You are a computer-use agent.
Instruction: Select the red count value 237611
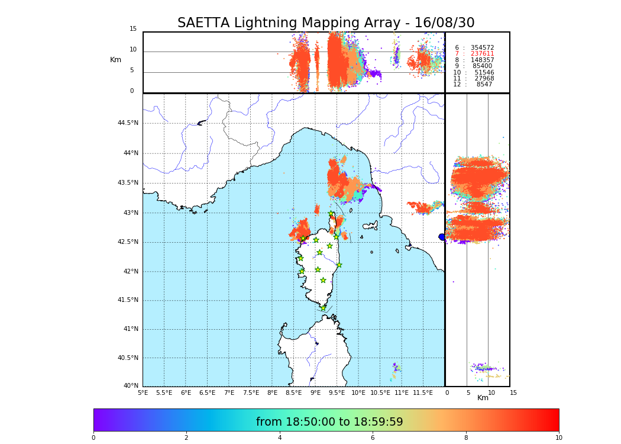pyautogui.click(x=482, y=54)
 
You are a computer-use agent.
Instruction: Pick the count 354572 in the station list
pyautogui.click(x=482, y=48)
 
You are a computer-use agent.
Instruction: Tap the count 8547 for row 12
pyautogui.click(x=484, y=85)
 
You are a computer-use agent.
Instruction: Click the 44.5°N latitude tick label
pyautogui.click(x=128, y=123)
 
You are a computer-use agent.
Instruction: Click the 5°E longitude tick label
pyautogui.click(x=143, y=392)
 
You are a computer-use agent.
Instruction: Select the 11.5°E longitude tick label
pyautogui.click(x=423, y=392)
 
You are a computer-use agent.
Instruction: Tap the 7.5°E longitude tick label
pyautogui.click(x=251, y=392)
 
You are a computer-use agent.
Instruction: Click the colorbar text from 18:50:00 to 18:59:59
pyautogui.click(x=329, y=422)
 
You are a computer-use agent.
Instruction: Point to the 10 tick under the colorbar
pyautogui.click(x=558, y=438)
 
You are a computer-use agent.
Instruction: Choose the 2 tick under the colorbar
pyautogui.click(x=186, y=438)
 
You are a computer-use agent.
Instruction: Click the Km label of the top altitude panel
pyautogui.click(x=115, y=60)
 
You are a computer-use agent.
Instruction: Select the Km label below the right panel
pyautogui.click(x=483, y=398)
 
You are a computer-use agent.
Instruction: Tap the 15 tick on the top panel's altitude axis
pyautogui.click(x=133, y=29)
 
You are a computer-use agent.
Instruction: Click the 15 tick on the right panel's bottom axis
pyautogui.click(x=513, y=392)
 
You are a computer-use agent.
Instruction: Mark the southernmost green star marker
pyautogui.click(x=323, y=308)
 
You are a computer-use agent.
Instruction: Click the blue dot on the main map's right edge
pyautogui.click(x=442, y=237)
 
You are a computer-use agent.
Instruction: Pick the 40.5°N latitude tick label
pyautogui.click(x=128, y=358)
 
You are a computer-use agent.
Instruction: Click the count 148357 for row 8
pyautogui.click(x=482, y=60)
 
